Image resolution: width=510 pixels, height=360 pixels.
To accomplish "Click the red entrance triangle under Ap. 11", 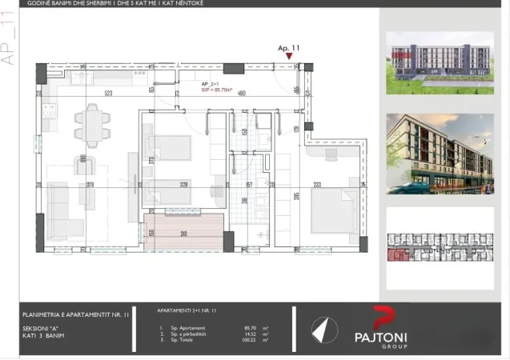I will coord(289,57).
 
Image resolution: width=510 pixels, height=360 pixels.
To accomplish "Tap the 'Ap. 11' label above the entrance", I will coord(288,48).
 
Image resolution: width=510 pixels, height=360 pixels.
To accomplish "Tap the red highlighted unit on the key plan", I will coord(396,255).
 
